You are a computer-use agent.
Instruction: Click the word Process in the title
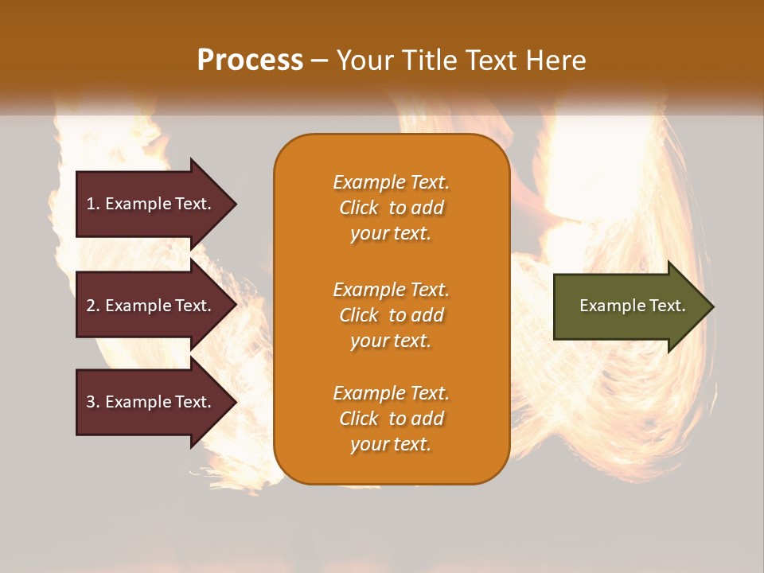coord(250,60)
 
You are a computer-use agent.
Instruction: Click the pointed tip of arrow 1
coord(234,204)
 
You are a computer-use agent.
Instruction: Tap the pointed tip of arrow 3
coord(234,402)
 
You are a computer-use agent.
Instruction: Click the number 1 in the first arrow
coord(91,204)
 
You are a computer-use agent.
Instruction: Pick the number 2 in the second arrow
coord(91,306)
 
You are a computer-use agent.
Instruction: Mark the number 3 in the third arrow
coord(91,402)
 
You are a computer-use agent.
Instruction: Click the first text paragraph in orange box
coord(391,208)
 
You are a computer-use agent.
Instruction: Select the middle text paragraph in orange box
coord(391,315)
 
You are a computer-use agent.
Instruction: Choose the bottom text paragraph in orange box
coord(391,419)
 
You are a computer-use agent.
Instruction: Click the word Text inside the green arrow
coord(667,306)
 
